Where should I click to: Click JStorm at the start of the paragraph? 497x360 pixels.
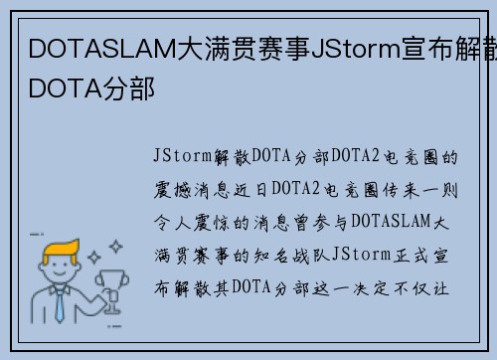(183, 157)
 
